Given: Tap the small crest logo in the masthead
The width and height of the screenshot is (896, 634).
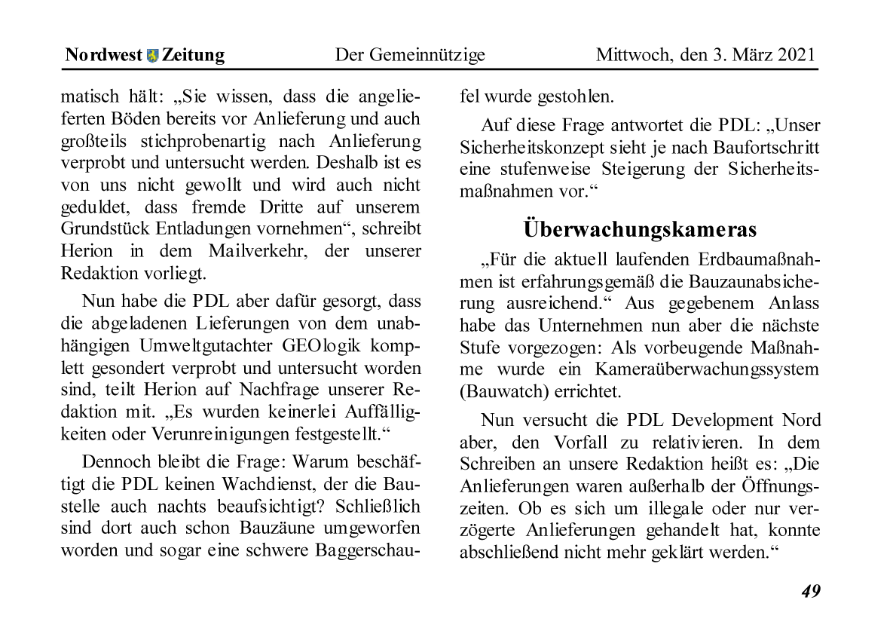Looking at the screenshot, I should click(x=153, y=56).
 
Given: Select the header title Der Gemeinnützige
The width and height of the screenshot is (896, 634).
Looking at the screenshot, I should click(x=410, y=55).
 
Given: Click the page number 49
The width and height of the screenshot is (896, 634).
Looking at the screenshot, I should click(x=810, y=591).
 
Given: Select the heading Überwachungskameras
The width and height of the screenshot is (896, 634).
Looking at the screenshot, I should click(x=640, y=228).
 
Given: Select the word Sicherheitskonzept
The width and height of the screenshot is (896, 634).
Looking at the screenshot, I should click(x=532, y=148).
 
